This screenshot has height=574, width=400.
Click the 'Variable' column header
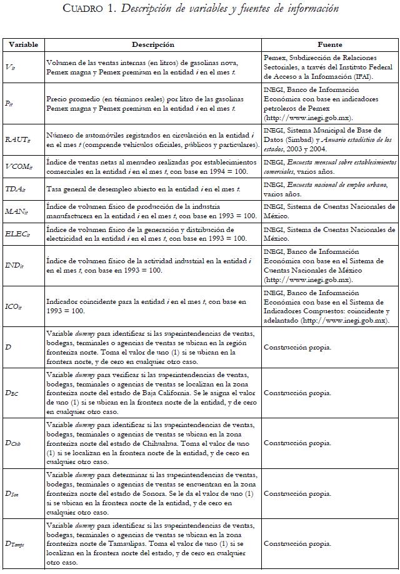pyautogui.click(x=24, y=45)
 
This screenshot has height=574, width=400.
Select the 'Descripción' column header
pyautogui.click(x=153, y=45)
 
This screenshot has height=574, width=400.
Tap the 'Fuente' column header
pyautogui.click(x=329, y=45)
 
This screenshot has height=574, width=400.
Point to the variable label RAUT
pyautogui.click(x=17, y=141)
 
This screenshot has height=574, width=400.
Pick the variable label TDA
pyautogui.click(x=15, y=188)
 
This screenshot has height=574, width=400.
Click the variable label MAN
pyautogui.click(x=16, y=211)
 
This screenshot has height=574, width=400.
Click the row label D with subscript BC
pyautogui.click(x=12, y=393)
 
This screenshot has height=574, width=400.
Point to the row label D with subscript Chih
pyautogui.click(x=14, y=443)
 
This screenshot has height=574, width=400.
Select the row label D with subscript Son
pyautogui.click(x=12, y=493)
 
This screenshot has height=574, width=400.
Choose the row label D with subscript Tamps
pyautogui.click(x=16, y=544)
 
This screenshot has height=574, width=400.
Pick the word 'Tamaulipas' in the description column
pyautogui.click(x=133, y=535)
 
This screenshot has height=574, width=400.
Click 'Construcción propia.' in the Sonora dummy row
pyautogui.click(x=297, y=493)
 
